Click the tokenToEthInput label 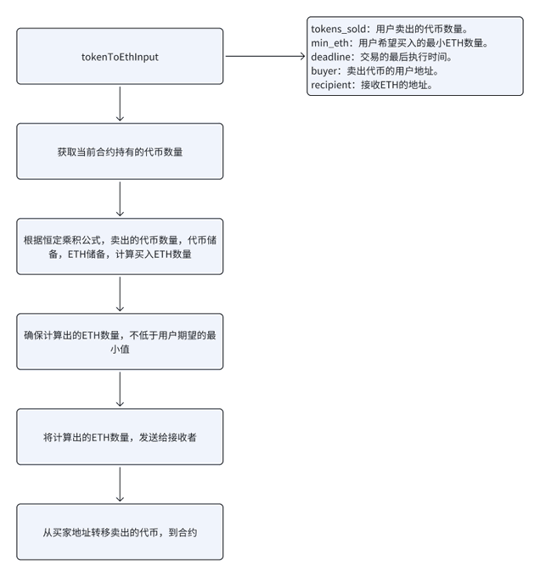click(120, 57)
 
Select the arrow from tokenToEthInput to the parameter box click(266, 56)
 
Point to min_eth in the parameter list click(329, 43)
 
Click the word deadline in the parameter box click(330, 57)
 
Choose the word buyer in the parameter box click(324, 71)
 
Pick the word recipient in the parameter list click(331, 85)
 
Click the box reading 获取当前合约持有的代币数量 click(120, 151)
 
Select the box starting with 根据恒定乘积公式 click(120, 247)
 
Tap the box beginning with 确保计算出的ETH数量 click(120, 341)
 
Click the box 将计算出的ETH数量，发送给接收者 click(120, 437)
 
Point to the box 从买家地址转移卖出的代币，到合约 click(120, 532)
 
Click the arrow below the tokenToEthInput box click(120, 104)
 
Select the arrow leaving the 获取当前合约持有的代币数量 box click(120, 199)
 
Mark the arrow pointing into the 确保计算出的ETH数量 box click(120, 294)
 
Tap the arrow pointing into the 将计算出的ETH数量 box click(120, 389)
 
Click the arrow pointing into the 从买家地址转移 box click(120, 485)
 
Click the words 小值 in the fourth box click(120, 349)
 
